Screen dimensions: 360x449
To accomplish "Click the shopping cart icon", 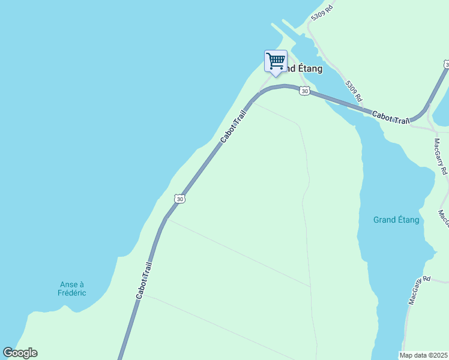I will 276,61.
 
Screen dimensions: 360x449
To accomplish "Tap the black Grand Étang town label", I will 303,68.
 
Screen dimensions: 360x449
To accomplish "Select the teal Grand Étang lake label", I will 396,220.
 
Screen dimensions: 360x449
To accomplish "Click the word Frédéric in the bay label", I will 72,293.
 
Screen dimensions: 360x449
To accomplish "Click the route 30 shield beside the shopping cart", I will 305,91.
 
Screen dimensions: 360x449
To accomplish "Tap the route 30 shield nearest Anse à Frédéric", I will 179,199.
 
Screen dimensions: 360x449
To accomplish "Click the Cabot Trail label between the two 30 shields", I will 233,125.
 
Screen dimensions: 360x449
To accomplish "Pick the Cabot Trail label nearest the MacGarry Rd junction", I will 390,118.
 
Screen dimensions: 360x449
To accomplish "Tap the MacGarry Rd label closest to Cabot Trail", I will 441,157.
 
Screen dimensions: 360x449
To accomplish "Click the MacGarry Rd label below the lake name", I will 420,290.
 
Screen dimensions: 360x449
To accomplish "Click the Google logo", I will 20,353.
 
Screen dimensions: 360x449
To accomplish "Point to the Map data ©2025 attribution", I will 424,355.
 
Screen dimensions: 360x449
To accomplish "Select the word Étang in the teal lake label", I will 408,220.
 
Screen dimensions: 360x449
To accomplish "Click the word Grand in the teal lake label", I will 384,220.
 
